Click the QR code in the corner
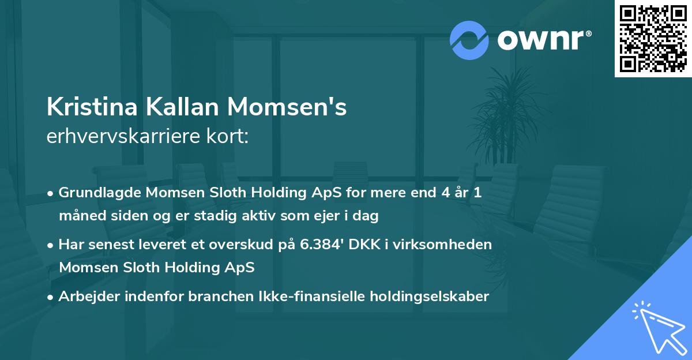point(653,38)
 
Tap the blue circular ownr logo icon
point(469,40)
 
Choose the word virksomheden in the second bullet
point(452,245)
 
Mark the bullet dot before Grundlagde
point(51,194)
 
